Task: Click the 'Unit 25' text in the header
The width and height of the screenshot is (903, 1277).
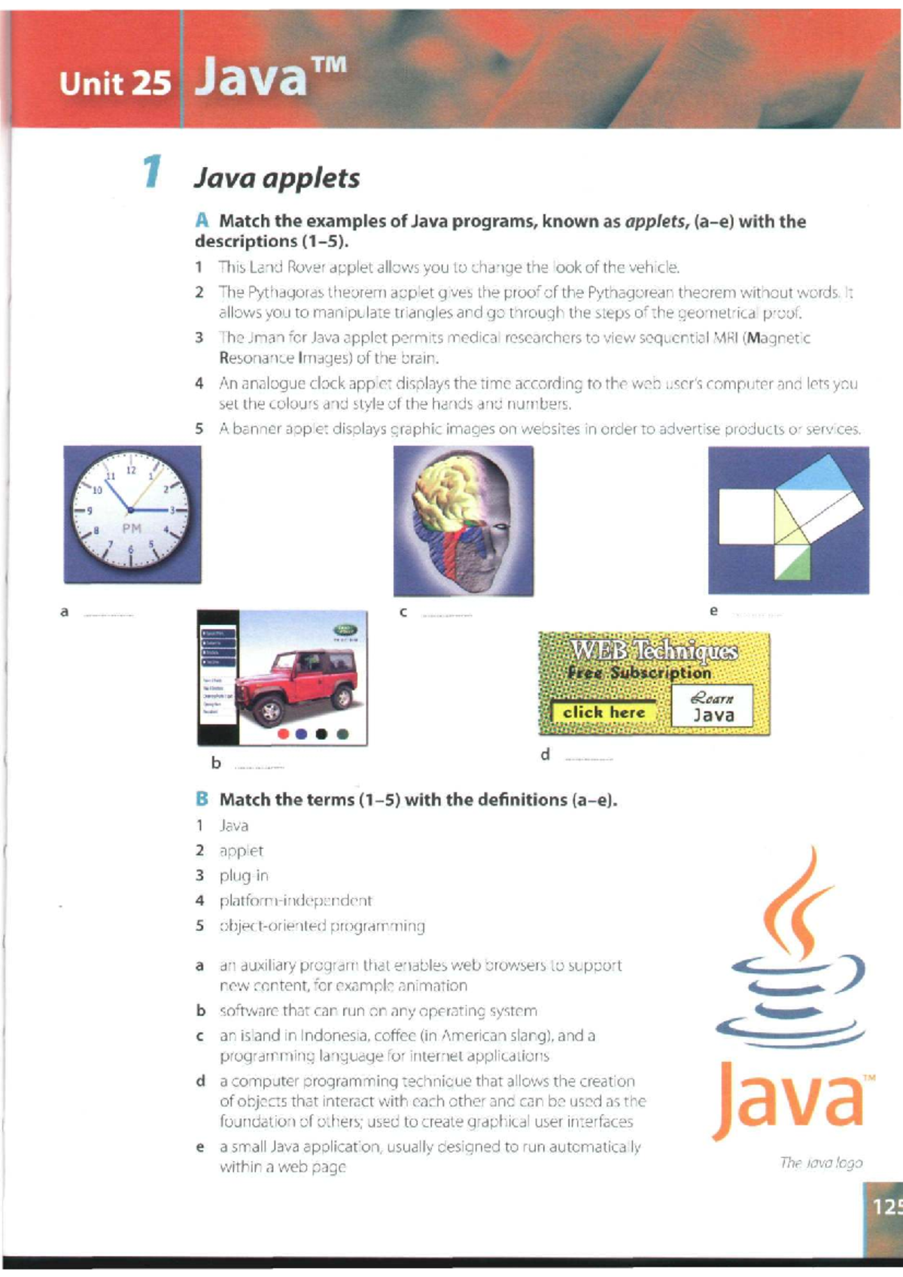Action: (x=115, y=83)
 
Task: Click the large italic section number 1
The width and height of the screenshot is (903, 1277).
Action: (x=152, y=172)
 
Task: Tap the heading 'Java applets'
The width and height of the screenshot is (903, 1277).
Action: (x=277, y=179)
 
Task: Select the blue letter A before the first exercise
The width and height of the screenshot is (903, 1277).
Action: (x=201, y=220)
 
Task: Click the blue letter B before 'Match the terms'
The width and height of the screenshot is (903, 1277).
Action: (x=201, y=799)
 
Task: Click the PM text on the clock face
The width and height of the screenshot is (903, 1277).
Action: (x=132, y=529)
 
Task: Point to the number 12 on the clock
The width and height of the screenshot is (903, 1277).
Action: (x=130, y=470)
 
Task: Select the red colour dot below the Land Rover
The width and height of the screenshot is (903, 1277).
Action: (x=284, y=734)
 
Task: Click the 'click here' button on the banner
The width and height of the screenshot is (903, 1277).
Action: (x=604, y=712)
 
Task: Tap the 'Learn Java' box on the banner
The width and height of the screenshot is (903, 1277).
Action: (x=712, y=707)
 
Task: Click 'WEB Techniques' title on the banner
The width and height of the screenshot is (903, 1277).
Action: (x=653, y=650)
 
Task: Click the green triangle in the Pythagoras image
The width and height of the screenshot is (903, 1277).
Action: (x=790, y=563)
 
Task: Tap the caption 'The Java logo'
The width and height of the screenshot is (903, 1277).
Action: (x=821, y=1163)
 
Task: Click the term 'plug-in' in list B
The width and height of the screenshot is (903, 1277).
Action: (x=243, y=875)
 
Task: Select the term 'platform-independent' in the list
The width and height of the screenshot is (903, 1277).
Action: (x=295, y=900)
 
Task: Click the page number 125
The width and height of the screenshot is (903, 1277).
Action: (x=886, y=1207)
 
